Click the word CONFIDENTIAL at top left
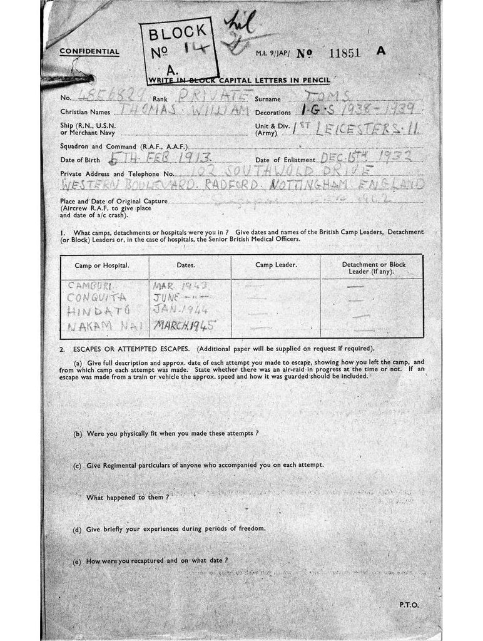[89, 52]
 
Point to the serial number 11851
[344, 53]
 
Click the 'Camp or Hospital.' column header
[102, 265]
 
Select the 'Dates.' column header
[186, 265]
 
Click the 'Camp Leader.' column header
[276, 265]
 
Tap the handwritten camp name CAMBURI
[90, 286]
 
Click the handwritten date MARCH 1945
[185, 326]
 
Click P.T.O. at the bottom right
[409, 605]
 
